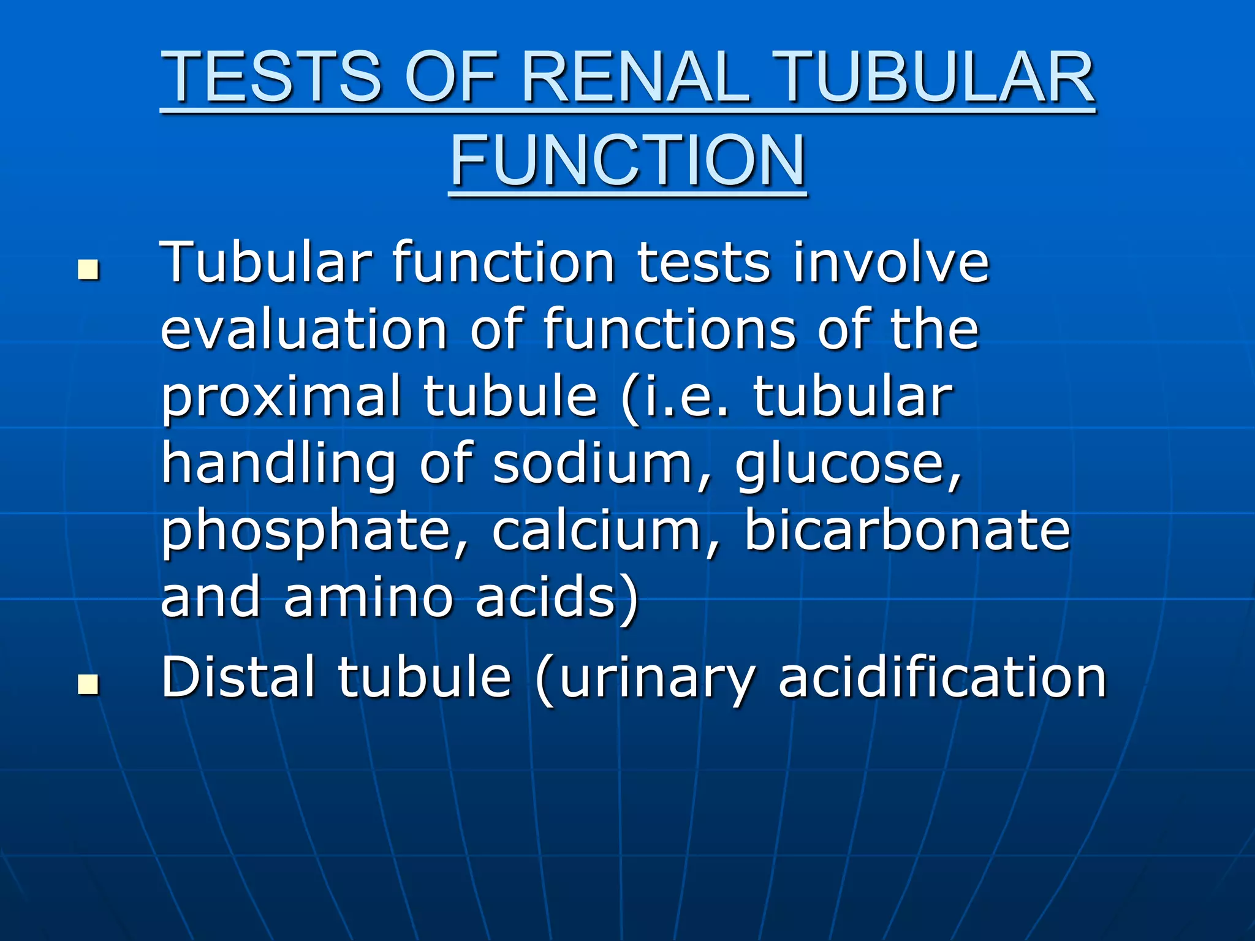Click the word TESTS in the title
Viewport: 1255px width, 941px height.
tap(271, 77)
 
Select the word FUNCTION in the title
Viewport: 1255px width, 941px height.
tap(627, 161)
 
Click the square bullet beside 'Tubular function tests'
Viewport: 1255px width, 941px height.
tap(89, 270)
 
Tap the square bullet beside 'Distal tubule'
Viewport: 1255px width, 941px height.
tap(89, 684)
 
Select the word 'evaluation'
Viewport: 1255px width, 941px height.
tap(304, 330)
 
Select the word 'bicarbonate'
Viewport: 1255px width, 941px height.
tap(906, 530)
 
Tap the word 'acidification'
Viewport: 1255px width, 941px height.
tap(942, 677)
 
